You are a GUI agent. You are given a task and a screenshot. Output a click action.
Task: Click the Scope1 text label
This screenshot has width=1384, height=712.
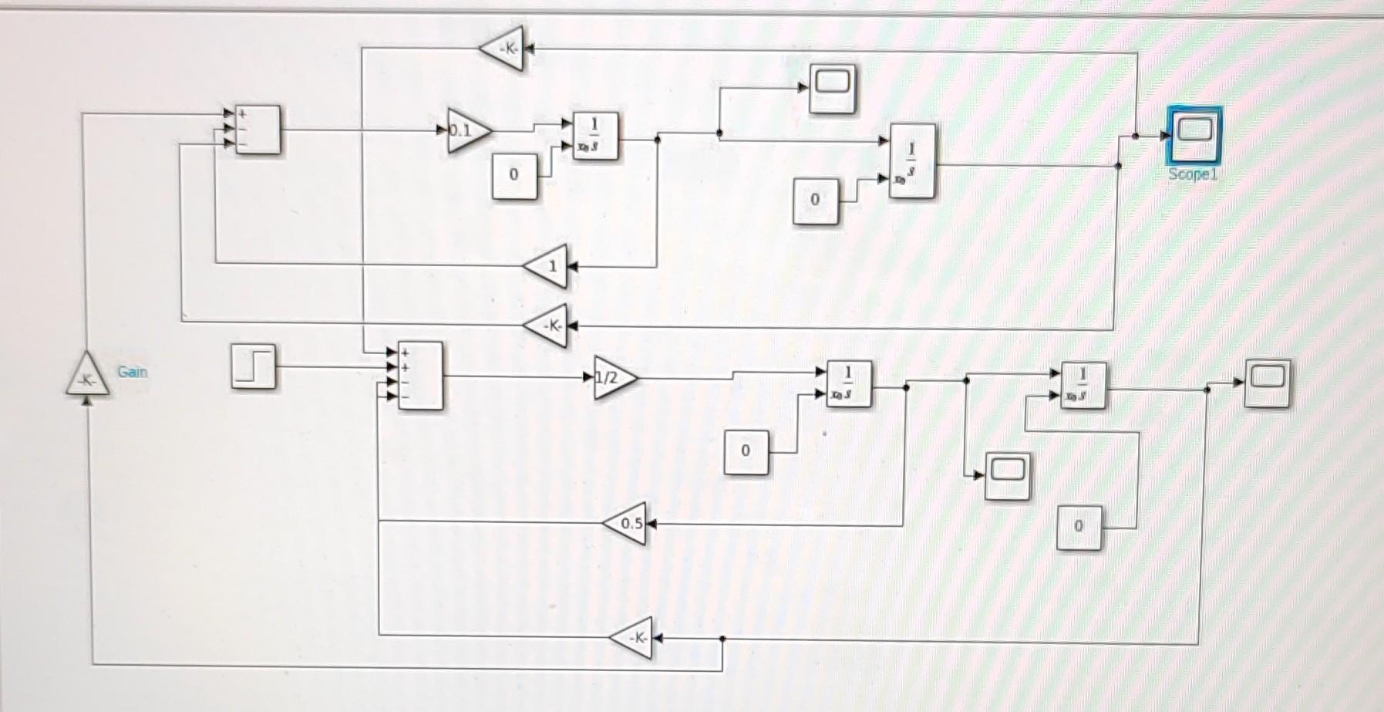coord(1192,174)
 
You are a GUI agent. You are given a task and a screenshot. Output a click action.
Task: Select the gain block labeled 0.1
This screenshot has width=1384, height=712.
coord(466,130)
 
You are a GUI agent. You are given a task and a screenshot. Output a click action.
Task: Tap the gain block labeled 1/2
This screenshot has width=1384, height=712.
coord(613,377)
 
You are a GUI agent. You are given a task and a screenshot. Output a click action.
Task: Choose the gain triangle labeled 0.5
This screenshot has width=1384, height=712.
coord(627,523)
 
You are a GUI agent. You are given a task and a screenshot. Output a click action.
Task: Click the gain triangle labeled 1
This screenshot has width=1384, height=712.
coord(548,267)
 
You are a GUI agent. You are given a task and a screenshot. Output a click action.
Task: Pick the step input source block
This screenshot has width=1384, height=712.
coord(253,366)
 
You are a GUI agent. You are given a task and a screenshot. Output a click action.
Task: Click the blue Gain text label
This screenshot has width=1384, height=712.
coord(132,372)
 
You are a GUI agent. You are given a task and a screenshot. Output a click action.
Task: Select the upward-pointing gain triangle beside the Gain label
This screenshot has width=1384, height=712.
coord(87,376)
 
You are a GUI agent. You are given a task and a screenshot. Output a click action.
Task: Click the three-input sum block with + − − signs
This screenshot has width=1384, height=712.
coord(258,130)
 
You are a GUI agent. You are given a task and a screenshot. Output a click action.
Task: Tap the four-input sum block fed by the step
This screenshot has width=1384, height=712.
coord(420,376)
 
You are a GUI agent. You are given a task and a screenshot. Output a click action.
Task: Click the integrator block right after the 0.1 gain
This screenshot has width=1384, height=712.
coord(595,136)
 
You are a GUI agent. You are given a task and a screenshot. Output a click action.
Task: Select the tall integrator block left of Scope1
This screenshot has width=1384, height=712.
coord(912,161)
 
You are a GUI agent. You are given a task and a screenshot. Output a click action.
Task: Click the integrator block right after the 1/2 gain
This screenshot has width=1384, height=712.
coord(849,383)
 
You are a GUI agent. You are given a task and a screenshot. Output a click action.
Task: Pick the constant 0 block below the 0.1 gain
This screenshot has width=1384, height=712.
coord(514,176)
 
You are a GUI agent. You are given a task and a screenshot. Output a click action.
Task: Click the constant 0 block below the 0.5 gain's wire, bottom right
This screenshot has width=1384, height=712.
coord(1079,527)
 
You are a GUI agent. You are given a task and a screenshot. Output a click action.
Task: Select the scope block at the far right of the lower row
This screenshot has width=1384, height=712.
coord(1267,383)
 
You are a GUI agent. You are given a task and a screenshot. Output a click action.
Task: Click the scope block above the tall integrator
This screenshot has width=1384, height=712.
coord(832,88)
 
